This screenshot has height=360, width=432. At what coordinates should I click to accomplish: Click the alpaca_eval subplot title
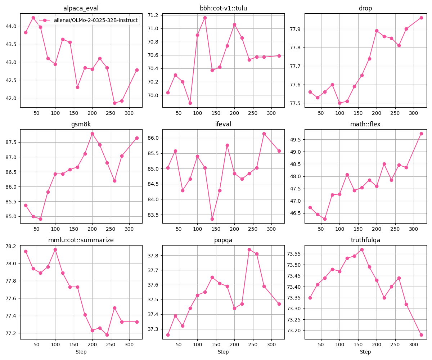pyautogui.click(x=81, y=8)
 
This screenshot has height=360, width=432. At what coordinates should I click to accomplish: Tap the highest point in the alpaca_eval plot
pyautogui.click(x=33, y=18)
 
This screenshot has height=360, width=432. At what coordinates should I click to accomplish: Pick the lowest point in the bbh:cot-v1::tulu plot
pyautogui.click(x=190, y=103)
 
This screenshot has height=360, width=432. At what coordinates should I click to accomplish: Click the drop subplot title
pyautogui.click(x=365, y=8)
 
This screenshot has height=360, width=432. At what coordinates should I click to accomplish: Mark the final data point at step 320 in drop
pyautogui.click(x=421, y=18)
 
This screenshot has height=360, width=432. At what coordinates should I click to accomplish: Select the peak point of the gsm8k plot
pyautogui.click(x=92, y=134)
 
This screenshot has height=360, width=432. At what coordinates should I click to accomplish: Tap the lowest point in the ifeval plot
pyautogui.click(x=212, y=219)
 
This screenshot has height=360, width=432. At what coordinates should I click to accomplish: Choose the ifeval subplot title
pyautogui.click(x=223, y=124)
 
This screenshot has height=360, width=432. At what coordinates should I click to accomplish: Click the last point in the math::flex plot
pyautogui.click(x=421, y=134)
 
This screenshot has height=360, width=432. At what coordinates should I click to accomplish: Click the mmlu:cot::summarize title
pyautogui.click(x=81, y=240)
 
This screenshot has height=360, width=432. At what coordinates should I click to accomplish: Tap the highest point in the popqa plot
pyautogui.click(x=249, y=249)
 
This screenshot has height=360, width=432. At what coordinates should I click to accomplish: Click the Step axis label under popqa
pyautogui.click(x=223, y=352)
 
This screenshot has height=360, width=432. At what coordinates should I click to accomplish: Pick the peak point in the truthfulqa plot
pyautogui.click(x=362, y=249)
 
